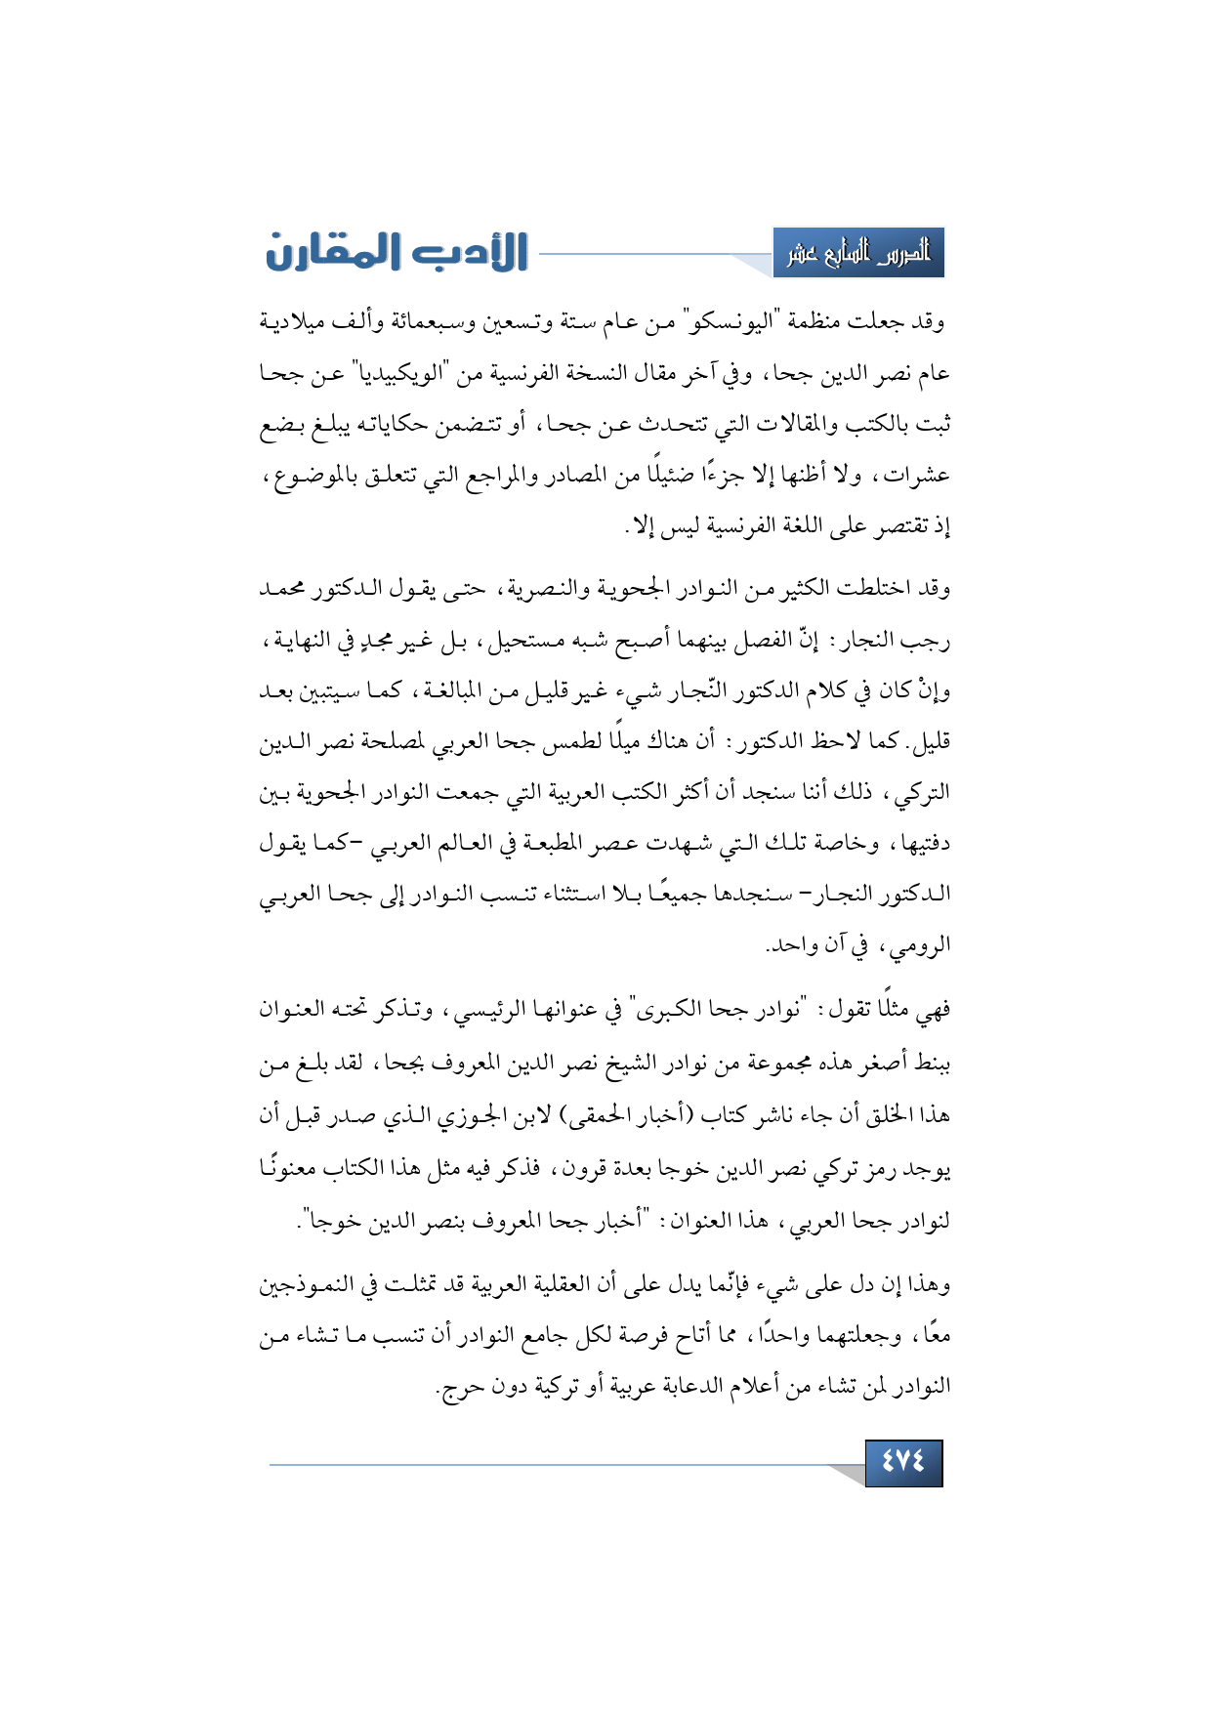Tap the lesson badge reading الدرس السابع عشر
tap(858, 254)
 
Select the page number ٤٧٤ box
tap(903, 1462)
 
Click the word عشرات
tap(917, 476)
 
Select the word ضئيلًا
tap(647, 476)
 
